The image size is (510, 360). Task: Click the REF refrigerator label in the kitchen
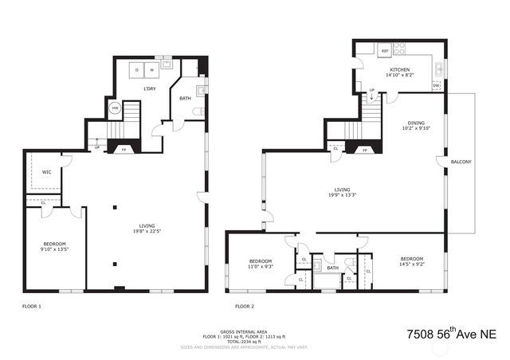385,51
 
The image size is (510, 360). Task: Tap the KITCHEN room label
399,70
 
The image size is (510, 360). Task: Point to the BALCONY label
461,162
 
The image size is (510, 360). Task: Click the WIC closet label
46,171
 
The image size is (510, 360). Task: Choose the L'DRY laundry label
149,88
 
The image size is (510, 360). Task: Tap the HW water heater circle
116,108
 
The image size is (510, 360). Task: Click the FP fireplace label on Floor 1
122,148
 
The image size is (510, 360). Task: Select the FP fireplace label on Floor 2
365,149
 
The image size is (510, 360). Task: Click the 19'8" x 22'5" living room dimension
146,233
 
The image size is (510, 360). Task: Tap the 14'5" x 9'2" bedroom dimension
411,263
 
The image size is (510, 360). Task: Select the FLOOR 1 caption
31,306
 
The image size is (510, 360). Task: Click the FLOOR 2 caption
244,306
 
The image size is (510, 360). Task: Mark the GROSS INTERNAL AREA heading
245,331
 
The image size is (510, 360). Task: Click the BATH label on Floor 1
185,98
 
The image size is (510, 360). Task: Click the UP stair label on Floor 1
97,147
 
